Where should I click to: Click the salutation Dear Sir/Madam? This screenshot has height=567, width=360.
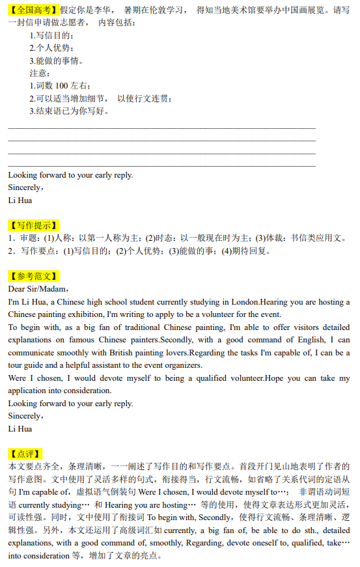click(38, 288)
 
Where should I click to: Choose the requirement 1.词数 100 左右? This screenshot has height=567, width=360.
click(59, 86)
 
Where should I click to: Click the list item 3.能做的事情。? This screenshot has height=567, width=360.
click(56, 61)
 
